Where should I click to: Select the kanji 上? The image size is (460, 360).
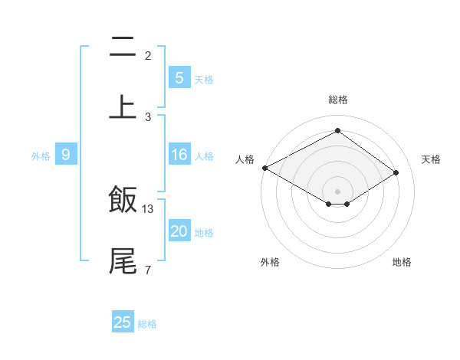click(123, 106)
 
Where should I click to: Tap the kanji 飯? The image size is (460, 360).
click(123, 201)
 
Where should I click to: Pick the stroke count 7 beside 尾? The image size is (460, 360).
click(147, 270)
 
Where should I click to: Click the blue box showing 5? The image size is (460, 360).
click(179, 78)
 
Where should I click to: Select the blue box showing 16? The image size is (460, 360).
click(179, 155)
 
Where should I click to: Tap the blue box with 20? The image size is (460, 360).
click(179, 232)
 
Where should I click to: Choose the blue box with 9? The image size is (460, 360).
click(66, 155)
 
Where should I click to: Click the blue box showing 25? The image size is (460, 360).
click(123, 322)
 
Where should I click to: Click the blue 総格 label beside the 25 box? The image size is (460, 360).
click(147, 324)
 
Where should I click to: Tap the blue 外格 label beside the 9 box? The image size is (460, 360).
click(41, 156)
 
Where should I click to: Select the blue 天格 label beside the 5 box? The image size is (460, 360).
click(204, 80)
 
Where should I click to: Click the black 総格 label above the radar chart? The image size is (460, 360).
click(338, 100)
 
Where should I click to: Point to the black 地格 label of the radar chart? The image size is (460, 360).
click(402, 262)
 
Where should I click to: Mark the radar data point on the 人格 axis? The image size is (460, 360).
click(264, 168)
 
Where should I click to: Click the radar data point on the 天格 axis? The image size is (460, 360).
click(396, 173)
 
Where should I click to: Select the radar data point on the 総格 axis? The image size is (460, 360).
click(338, 131)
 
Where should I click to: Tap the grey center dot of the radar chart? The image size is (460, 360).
click(338, 191)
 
